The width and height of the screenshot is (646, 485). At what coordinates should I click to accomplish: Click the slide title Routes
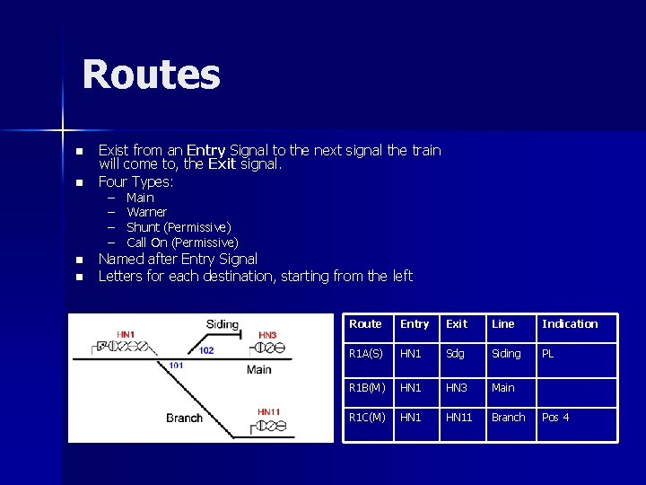pyautogui.click(x=151, y=75)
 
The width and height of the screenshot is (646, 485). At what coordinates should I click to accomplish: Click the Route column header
pyautogui.click(x=365, y=324)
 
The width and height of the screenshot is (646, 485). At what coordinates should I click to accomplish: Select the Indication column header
pyautogui.click(x=570, y=324)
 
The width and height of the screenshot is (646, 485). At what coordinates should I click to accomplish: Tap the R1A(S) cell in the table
pyautogui.click(x=366, y=354)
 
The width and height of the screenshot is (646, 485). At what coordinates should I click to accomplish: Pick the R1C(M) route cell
pyautogui.click(x=367, y=418)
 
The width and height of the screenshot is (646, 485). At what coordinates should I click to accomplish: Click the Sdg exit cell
pyautogui.click(x=456, y=354)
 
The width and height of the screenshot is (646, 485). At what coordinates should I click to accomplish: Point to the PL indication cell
pyautogui.click(x=548, y=354)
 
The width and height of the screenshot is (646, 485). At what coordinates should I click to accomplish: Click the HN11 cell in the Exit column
pyautogui.click(x=459, y=418)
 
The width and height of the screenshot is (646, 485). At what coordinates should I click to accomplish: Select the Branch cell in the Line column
pyautogui.click(x=509, y=418)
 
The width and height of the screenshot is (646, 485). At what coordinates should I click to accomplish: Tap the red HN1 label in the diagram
pyautogui.click(x=126, y=335)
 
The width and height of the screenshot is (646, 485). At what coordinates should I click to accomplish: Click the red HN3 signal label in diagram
pyautogui.click(x=267, y=335)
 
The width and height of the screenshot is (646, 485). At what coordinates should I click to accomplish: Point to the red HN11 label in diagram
pyautogui.click(x=269, y=412)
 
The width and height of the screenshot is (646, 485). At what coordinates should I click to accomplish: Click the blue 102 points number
pyautogui.click(x=206, y=350)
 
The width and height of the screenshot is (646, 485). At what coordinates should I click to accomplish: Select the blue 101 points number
pyautogui.click(x=176, y=366)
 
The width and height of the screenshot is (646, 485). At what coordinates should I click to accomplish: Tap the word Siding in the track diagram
pyautogui.click(x=223, y=324)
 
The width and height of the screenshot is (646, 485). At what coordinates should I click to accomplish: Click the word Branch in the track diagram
pyautogui.click(x=184, y=418)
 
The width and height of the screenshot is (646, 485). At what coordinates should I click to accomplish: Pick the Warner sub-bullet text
pyautogui.click(x=146, y=212)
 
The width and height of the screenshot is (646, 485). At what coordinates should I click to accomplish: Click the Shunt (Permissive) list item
pyautogui.click(x=179, y=227)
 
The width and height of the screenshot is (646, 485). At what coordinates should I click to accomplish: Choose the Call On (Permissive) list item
pyautogui.click(x=182, y=242)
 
